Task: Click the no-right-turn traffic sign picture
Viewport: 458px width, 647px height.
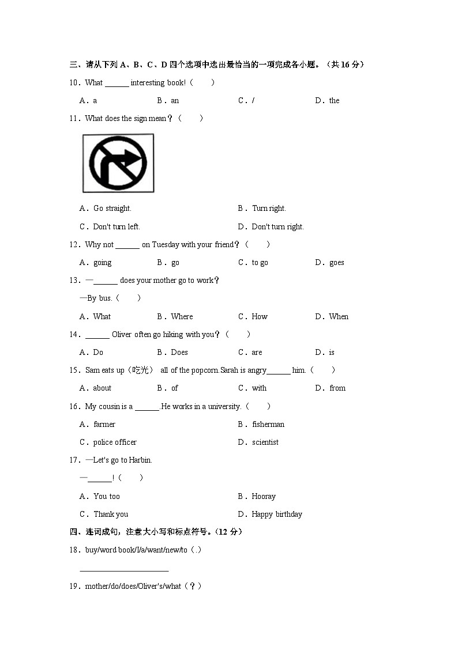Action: pyautogui.click(x=118, y=163)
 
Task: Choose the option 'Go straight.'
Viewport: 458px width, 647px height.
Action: pyautogui.click(x=112, y=208)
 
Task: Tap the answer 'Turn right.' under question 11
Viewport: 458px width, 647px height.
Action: pyautogui.click(x=269, y=208)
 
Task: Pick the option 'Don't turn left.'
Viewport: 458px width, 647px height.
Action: pyautogui.click(x=116, y=226)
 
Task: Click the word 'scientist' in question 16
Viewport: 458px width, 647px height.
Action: pyautogui.click(x=265, y=442)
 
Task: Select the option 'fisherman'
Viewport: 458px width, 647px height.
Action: pyautogui.click(x=268, y=424)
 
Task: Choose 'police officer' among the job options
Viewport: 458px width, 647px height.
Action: pyautogui.click(x=115, y=442)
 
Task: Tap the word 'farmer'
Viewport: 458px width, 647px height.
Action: pyautogui.click(x=104, y=424)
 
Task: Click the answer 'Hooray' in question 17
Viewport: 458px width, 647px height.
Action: pyautogui.click(x=264, y=496)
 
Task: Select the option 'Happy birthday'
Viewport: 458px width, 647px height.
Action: pyautogui.click(x=277, y=514)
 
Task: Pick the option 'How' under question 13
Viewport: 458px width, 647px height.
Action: pyautogui.click(x=260, y=316)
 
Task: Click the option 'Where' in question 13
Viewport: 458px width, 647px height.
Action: pyautogui.click(x=182, y=316)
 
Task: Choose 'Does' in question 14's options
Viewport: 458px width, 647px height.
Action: pyautogui.click(x=179, y=352)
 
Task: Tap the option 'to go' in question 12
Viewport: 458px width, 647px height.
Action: pyautogui.click(x=260, y=262)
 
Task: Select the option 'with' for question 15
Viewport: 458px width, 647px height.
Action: pyautogui.click(x=259, y=388)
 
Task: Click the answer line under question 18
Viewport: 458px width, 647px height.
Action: pyautogui.click(x=124, y=570)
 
